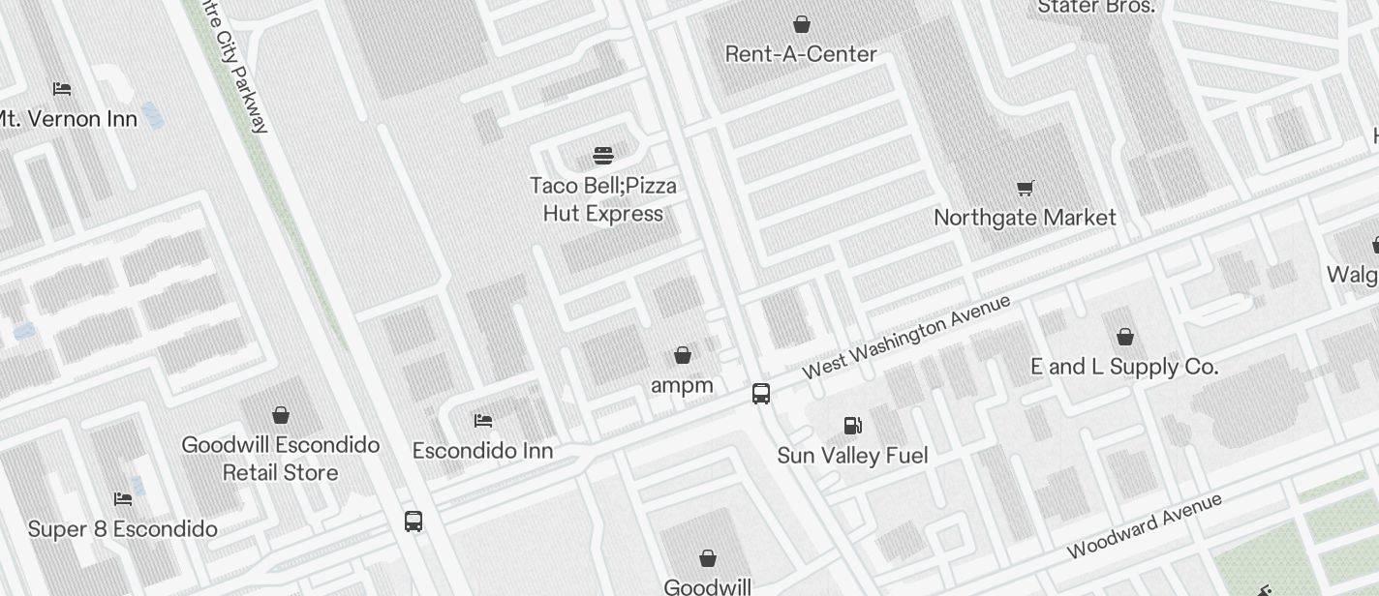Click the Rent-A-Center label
pos(801,54)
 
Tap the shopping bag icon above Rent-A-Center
pos(802,23)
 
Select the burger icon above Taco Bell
pos(603,156)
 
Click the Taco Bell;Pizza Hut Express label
pos(603,199)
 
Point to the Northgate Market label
pos(1025,218)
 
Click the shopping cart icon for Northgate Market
pos(1025,188)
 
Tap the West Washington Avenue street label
pos(906,337)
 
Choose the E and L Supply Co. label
pos(1123,367)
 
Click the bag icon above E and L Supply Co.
pos(1124,337)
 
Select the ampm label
pos(682,385)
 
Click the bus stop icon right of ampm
pos(761,394)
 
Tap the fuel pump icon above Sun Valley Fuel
pos(852,426)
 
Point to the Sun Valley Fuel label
pos(852,456)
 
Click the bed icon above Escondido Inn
pos(483,421)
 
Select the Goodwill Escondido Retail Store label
pos(280,459)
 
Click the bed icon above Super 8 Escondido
pos(123,499)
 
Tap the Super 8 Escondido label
pos(122,529)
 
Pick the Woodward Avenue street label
pos(1144,525)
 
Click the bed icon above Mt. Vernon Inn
pos(63,89)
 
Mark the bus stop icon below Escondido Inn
pos(414,521)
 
